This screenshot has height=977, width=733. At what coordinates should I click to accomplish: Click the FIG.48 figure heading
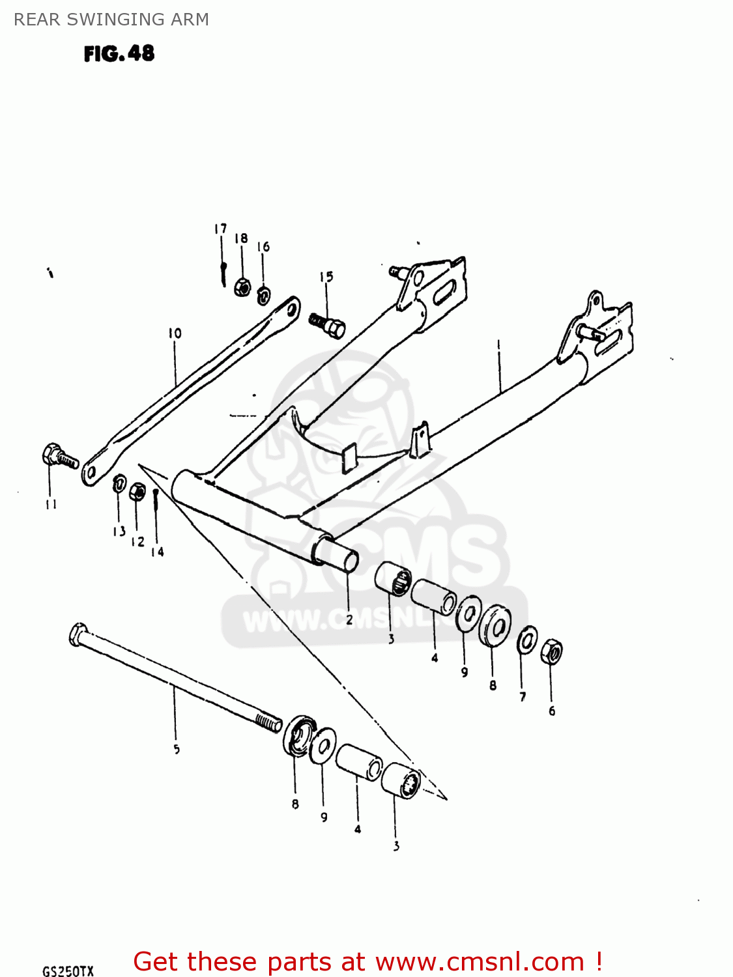point(119,53)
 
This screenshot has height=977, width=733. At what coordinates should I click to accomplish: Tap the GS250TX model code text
point(68,970)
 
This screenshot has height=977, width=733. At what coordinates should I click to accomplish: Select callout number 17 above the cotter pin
point(220,229)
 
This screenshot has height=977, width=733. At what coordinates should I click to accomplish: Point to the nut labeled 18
point(242,286)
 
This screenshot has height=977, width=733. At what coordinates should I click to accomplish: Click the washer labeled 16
point(263,296)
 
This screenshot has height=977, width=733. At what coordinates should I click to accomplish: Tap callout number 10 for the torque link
point(175,333)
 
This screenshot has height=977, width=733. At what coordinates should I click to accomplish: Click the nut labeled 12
point(137,492)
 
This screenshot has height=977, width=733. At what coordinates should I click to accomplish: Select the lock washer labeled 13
point(119,484)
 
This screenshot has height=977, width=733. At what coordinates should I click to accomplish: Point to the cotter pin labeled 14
point(156,500)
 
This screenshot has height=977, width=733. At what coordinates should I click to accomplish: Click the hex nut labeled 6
point(551,651)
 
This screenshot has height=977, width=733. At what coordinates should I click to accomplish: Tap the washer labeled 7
point(527,641)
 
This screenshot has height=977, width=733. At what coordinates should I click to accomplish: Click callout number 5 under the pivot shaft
point(177,750)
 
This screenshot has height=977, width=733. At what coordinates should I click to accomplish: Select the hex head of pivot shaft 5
point(78,634)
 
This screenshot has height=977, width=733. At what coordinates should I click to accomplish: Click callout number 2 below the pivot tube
point(349,619)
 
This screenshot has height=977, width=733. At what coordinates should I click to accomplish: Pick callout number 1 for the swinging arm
point(498,343)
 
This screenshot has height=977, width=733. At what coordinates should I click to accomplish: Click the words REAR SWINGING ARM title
point(111,20)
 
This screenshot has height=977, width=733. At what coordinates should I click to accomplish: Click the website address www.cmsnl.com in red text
point(480,961)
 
